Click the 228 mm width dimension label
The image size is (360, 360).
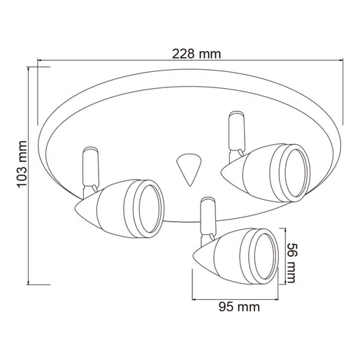point(196,54)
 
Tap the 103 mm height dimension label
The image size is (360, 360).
point(22,164)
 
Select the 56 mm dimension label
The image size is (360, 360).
point(291,263)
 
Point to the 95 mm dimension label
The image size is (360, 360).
point(239,307)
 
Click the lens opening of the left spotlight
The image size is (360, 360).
point(150,209)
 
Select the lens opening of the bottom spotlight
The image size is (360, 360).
point(266,256)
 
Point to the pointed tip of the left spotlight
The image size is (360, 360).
point(75,208)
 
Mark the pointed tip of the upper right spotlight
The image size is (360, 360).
point(222,173)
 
